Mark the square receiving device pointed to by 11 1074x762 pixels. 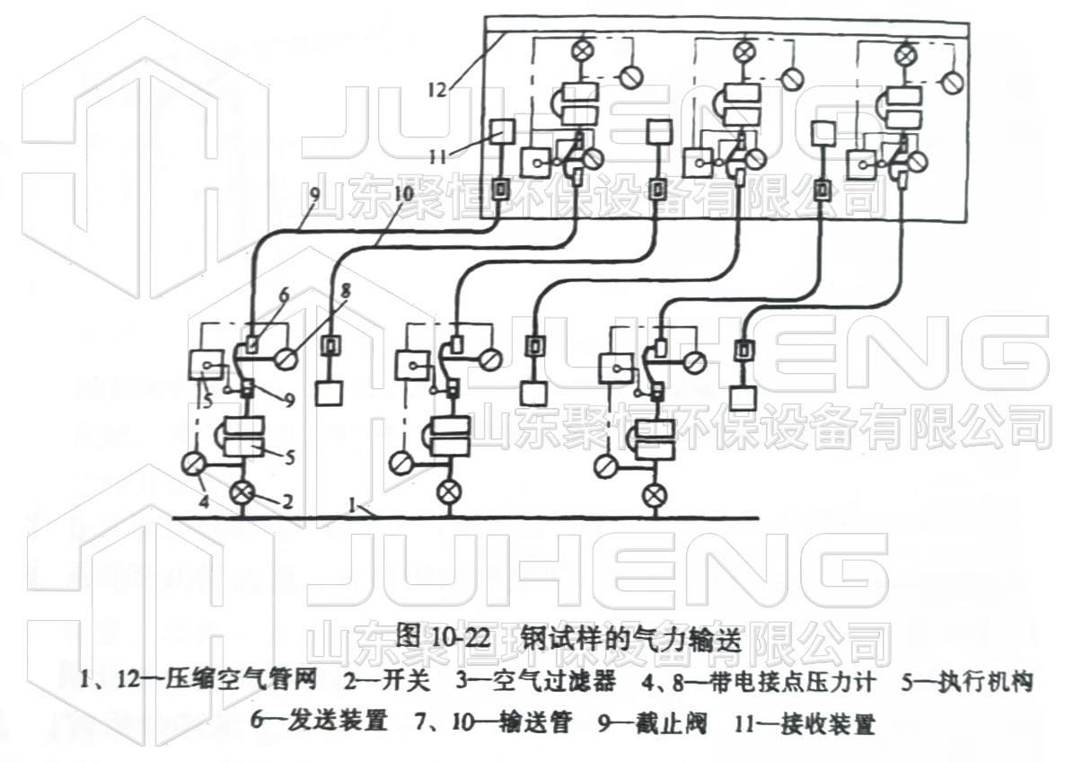pyautogui.click(x=501, y=133)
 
